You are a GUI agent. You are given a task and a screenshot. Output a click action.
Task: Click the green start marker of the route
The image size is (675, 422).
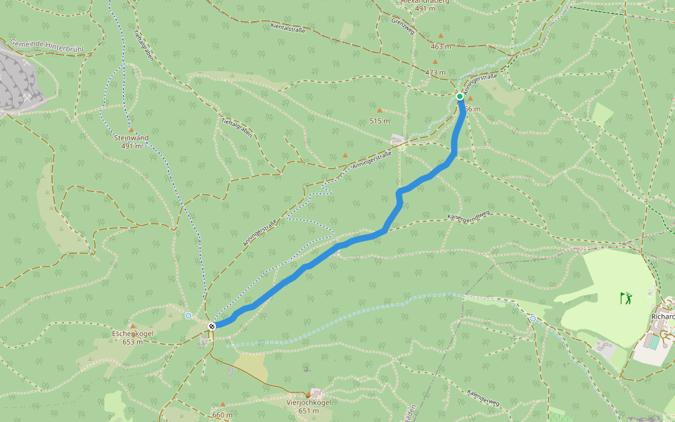click(x=459, y=96)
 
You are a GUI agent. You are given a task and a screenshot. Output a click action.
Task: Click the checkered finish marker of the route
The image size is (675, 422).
click(x=212, y=325)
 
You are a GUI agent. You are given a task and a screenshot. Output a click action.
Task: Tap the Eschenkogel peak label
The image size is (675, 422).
click(x=133, y=333)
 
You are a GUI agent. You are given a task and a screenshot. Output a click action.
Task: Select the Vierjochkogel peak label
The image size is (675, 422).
click(x=308, y=402)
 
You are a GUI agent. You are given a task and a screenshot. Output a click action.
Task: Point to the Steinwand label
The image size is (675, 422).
click(x=131, y=138)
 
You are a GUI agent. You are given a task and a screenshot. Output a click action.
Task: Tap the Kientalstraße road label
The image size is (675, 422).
click(x=288, y=29)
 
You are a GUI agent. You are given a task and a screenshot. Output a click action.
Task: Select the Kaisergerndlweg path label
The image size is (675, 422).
click(x=468, y=214)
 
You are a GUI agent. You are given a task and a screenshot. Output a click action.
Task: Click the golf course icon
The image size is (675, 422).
click(x=626, y=298)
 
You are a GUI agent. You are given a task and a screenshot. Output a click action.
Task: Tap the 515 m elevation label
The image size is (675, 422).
click(x=380, y=120)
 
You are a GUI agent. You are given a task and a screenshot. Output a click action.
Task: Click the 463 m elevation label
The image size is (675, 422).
click(x=441, y=46)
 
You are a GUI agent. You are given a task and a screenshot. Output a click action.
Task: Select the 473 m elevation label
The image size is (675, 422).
click(x=436, y=72)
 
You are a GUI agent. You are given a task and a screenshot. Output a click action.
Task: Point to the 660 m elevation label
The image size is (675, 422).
click(x=222, y=415)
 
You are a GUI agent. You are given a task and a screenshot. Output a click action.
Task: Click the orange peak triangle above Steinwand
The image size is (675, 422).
click(x=131, y=129)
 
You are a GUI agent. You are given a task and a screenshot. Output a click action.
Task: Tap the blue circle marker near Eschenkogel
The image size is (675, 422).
click(x=188, y=316)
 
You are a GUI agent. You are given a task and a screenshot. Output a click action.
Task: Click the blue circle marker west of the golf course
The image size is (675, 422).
click(x=532, y=319)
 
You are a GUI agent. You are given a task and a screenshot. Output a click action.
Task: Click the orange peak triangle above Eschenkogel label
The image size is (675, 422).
click(x=132, y=326)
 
